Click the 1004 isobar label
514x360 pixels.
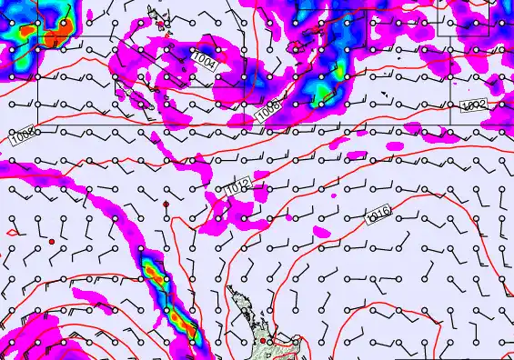pos(206,61)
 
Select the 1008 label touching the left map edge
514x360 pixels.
pos(25,137)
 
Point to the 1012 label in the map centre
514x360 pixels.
pos(239,187)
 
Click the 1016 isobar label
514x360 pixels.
pos(378,215)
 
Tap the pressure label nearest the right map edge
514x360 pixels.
pos(474,106)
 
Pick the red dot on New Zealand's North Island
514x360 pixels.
pos(264,341)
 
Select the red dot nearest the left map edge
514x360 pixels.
pos(52,241)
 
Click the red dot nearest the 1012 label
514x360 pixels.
pos(166,205)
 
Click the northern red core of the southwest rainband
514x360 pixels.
pos(153,272)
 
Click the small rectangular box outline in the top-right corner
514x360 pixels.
pos(474,17)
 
